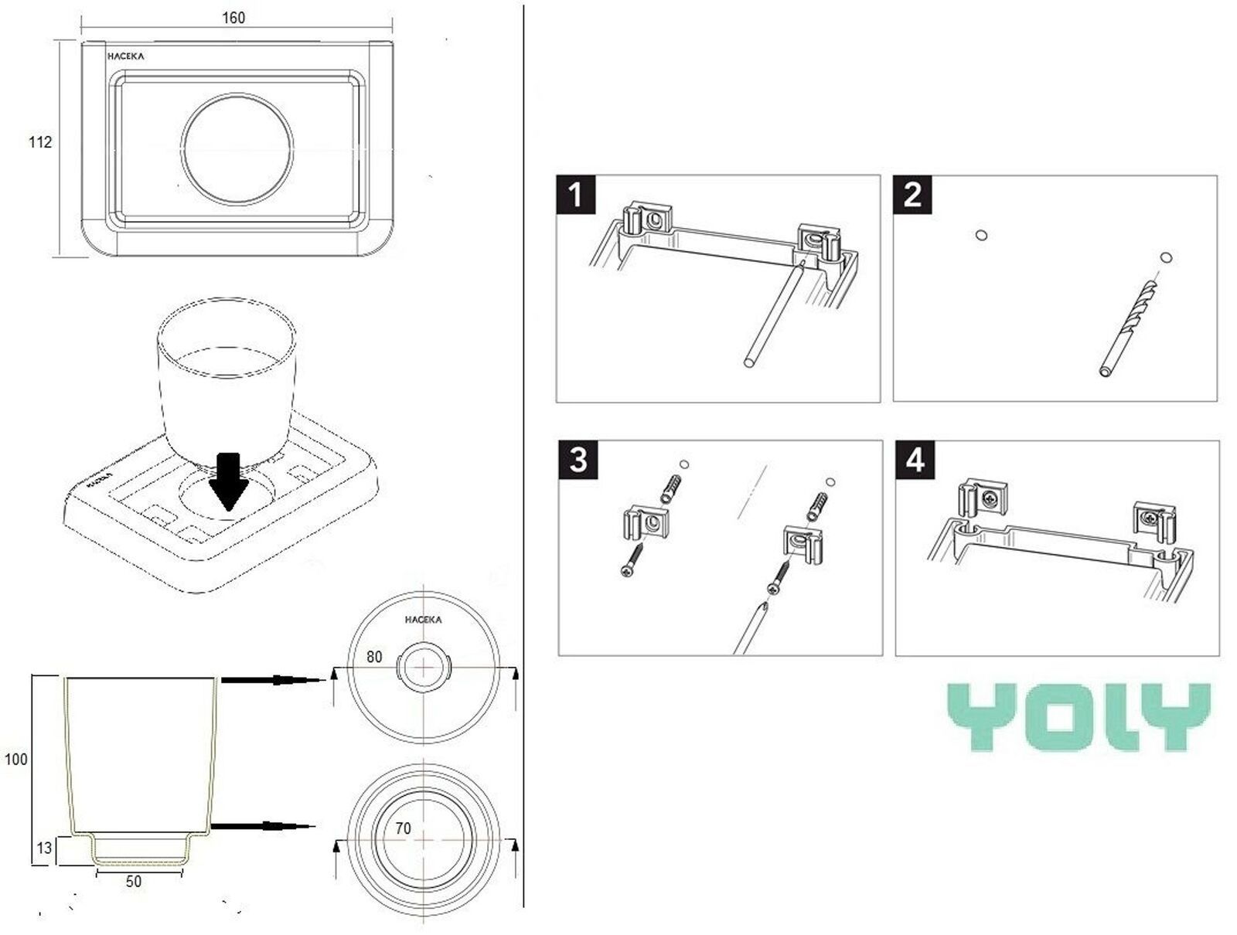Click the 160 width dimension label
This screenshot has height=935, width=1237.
tap(233, 18)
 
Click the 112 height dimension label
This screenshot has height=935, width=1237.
tap(40, 142)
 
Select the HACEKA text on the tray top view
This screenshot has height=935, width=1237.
tap(125, 56)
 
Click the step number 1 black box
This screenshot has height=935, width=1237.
tap(575, 194)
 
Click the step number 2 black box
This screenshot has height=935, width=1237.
tap(912, 194)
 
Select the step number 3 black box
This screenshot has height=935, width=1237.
tap(578, 461)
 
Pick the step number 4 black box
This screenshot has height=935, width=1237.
tap(915, 461)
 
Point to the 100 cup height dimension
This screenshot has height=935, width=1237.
tap(16, 760)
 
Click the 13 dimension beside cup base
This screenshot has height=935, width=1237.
tap(44, 848)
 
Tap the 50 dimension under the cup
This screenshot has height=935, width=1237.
tap(134, 882)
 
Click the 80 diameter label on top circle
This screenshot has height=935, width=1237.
tap(374, 657)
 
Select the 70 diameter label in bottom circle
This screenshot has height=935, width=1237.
tap(403, 829)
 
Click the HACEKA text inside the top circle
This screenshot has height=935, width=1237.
tap(424, 620)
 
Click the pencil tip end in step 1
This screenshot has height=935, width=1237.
tap(804, 262)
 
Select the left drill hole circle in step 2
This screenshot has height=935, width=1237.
tap(982, 235)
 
